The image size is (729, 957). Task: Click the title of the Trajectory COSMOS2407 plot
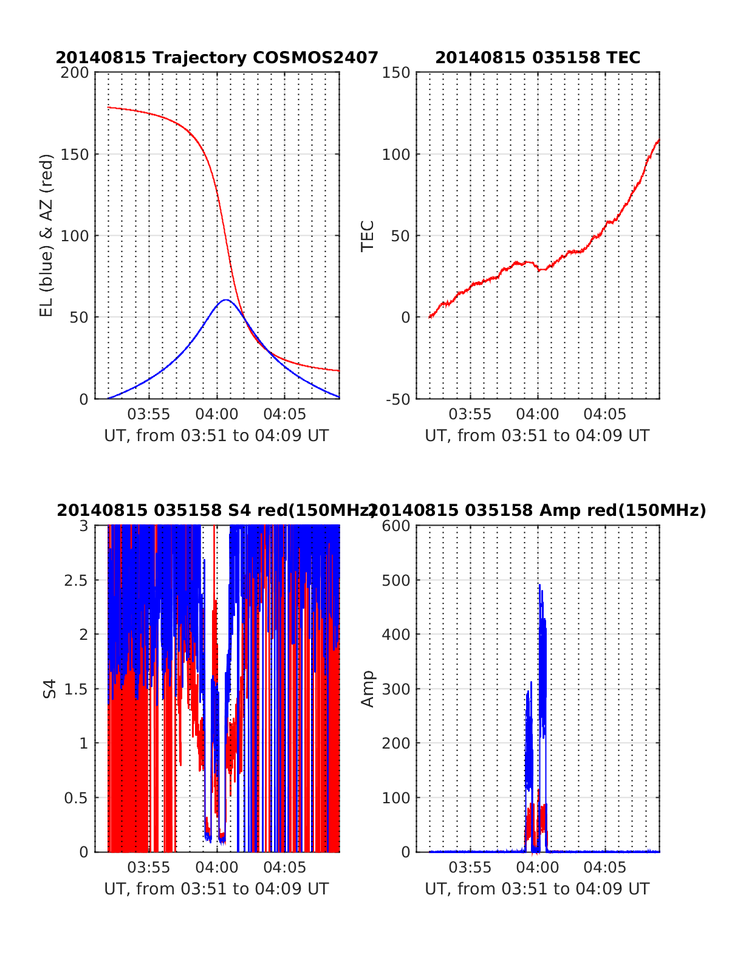[217, 58]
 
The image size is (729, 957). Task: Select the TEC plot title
[538, 58]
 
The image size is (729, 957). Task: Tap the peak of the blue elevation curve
[225, 300]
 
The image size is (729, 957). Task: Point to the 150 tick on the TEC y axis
[396, 73]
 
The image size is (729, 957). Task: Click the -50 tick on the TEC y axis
[396, 399]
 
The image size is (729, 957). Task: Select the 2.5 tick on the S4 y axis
[77, 580]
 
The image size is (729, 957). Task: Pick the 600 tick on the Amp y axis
[396, 526]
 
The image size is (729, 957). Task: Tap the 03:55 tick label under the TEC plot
[470, 415]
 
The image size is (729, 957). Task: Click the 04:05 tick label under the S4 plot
[284, 868]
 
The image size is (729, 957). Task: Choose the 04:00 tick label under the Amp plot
[538, 868]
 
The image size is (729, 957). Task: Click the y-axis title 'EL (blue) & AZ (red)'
[47, 235]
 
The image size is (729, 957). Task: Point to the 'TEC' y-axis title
[368, 235]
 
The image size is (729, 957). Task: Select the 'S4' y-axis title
[50, 689]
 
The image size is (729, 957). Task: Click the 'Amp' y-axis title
[368, 689]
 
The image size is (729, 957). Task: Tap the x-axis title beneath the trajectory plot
[217, 436]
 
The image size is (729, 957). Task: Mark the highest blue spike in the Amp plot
[539, 585]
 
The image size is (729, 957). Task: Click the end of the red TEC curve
[659, 140]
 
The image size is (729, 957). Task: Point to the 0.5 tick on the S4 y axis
[77, 798]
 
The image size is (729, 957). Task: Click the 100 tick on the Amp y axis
[396, 798]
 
